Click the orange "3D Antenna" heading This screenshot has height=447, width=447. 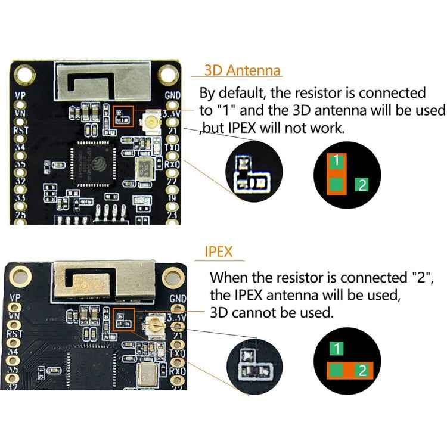tap(242, 70)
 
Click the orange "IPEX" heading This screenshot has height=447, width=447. tap(218, 253)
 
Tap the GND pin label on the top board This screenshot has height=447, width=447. tap(172, 95)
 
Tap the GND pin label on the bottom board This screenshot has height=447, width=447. tap(177, 298)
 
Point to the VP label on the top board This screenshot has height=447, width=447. tap(20, 94)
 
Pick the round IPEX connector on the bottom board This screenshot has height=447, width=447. tap(154, 326)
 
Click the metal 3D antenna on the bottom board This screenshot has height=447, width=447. tap(104, 280)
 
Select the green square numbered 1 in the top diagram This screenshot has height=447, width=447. tap(337, 161)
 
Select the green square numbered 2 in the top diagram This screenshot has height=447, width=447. tap(362, 185)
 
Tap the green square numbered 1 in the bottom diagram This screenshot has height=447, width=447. tap(337, 349)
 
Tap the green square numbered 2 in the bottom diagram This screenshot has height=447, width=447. tap(362, 372)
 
